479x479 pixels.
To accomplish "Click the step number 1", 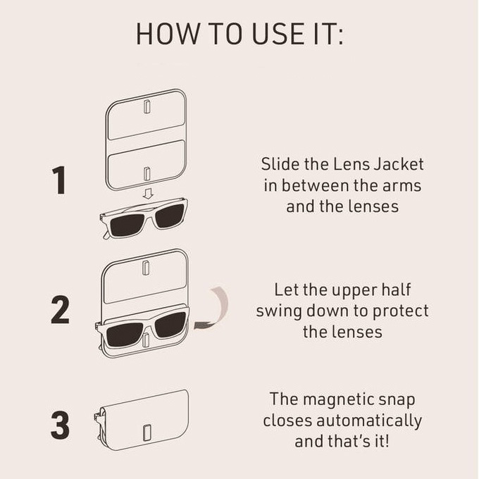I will (60, 181).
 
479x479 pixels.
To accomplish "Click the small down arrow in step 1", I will (147, 192).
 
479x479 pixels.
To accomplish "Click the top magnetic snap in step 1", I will (147, 106).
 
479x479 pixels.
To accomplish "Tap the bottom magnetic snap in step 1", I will (147, 173).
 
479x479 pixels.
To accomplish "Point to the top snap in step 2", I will (146, 268).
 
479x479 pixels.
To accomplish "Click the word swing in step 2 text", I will (278, 311).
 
